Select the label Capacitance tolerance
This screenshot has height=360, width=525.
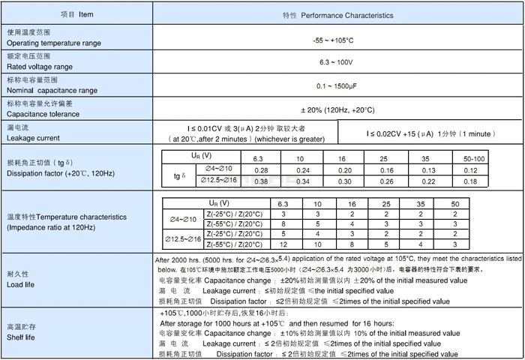(x=44, y=114)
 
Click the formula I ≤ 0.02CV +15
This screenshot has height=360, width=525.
(x=397, y=133)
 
